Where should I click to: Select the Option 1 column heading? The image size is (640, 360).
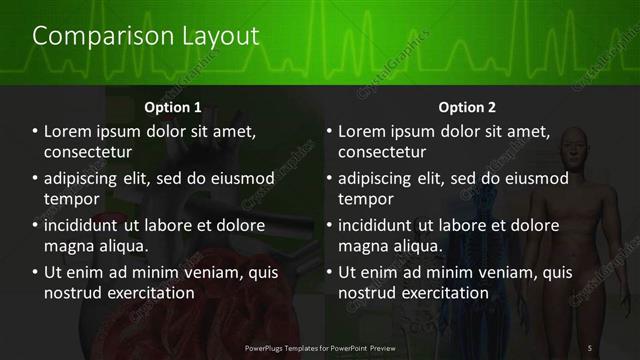point(173,107)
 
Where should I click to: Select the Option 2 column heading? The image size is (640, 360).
point(467,107)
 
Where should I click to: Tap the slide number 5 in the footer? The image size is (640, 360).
point(590,346)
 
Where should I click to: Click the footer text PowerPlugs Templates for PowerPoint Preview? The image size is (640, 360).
point(319,346)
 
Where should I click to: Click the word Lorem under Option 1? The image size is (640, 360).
point(70,131)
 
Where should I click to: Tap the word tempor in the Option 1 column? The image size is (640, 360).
point(70,200)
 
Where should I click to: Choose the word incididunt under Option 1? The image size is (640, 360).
point(87,225)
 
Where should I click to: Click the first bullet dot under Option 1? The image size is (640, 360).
point(35,131)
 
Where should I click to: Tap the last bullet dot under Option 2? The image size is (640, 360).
point(329,272)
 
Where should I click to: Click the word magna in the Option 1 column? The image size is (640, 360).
point(69,246)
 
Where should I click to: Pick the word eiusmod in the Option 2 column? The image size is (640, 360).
point(535,179)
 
